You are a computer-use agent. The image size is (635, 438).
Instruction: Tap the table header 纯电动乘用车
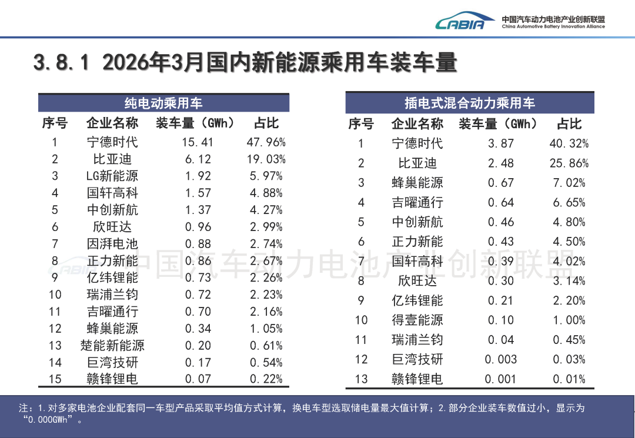[x=163, y=103]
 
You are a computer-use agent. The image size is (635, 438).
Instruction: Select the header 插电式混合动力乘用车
[x=470, y=103]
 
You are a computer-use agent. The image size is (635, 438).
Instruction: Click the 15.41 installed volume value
[x=198, y=142]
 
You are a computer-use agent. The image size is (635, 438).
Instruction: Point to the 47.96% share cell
[x=266, y=142]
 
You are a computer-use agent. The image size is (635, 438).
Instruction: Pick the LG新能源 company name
[x=112, y=176]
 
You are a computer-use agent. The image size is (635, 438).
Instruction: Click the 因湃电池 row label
[x=112, y=243]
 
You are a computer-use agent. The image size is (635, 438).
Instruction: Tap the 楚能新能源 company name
[x=112, y=345]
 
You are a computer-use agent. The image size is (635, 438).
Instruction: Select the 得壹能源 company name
[x=417, y=320]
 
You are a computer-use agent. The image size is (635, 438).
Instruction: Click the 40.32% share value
[x=569, y=143]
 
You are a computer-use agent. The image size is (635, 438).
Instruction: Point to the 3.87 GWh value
[x=501, y=143]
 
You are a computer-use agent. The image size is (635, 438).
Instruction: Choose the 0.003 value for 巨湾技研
[x=501, y=359]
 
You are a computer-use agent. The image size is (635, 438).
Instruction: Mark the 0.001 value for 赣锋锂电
[x=501, y=379]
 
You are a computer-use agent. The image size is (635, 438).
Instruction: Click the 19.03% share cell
[x=266, y=159]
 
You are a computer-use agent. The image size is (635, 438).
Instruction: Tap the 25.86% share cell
[x=569, y=163]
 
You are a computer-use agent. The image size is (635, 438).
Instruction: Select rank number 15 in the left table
[x=55, y=379]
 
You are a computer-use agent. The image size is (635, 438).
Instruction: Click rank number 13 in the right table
[x=361, y=379]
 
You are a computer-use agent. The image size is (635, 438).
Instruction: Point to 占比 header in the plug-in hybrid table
[x=569, y=124]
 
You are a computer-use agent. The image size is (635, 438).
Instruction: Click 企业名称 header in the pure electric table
[x=112, y=123]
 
